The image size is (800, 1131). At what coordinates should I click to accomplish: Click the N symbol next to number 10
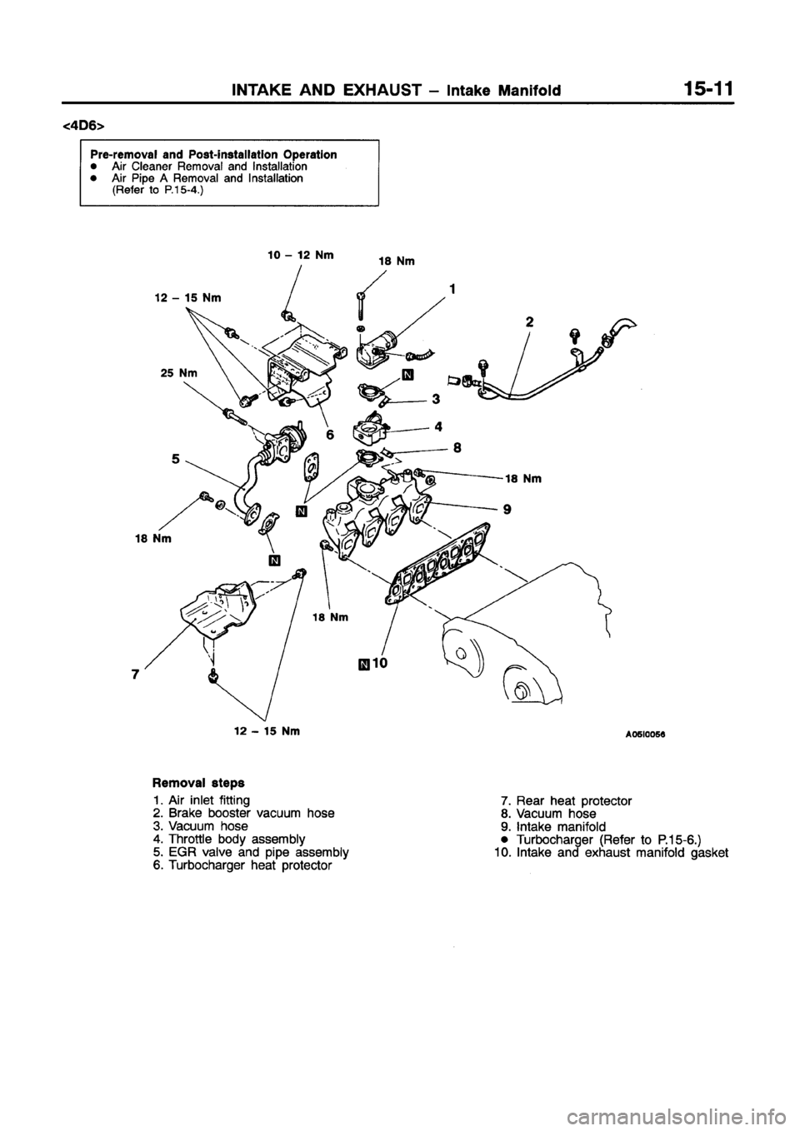[362, 664]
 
